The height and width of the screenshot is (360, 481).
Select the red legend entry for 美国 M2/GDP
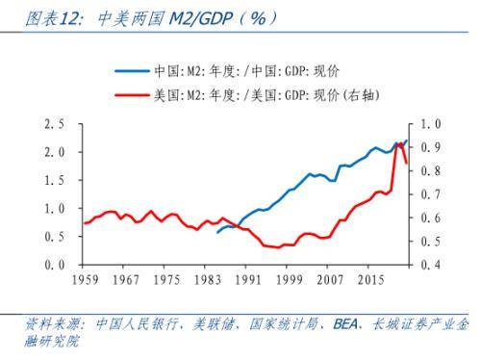pos(260,94)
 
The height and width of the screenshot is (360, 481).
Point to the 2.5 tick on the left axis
pos(55,124)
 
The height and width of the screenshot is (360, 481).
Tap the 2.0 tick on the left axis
pos(55,152)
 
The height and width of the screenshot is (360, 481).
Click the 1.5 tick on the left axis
pos(55,181)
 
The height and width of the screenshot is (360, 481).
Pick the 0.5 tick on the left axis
pos(55,237)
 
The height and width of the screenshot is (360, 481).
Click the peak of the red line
pos(399,142)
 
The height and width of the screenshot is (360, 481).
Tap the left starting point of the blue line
pos(217,232)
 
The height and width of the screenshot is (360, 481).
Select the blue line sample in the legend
pos(130,71)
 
